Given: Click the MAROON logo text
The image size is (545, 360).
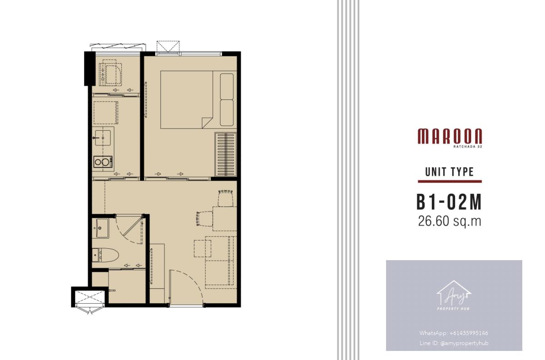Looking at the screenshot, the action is (x=450, y=136).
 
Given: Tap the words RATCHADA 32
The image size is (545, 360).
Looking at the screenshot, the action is (x=468, y=147).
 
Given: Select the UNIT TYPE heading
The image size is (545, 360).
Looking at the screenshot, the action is (x=450, y=172).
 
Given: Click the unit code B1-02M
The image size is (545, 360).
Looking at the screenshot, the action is (x=449, y=202).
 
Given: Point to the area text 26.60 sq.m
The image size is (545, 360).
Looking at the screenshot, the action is (x=450, y=222).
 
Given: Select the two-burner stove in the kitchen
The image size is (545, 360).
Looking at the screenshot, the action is (x=103, y=162).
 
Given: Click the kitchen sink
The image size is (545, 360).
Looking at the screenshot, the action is (x=103, y=138).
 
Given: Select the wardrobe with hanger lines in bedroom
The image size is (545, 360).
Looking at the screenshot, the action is (x=226, y=154).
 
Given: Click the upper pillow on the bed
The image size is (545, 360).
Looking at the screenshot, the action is (x=227, y=86).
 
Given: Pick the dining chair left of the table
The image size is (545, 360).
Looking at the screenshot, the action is (x=205, y=218).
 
